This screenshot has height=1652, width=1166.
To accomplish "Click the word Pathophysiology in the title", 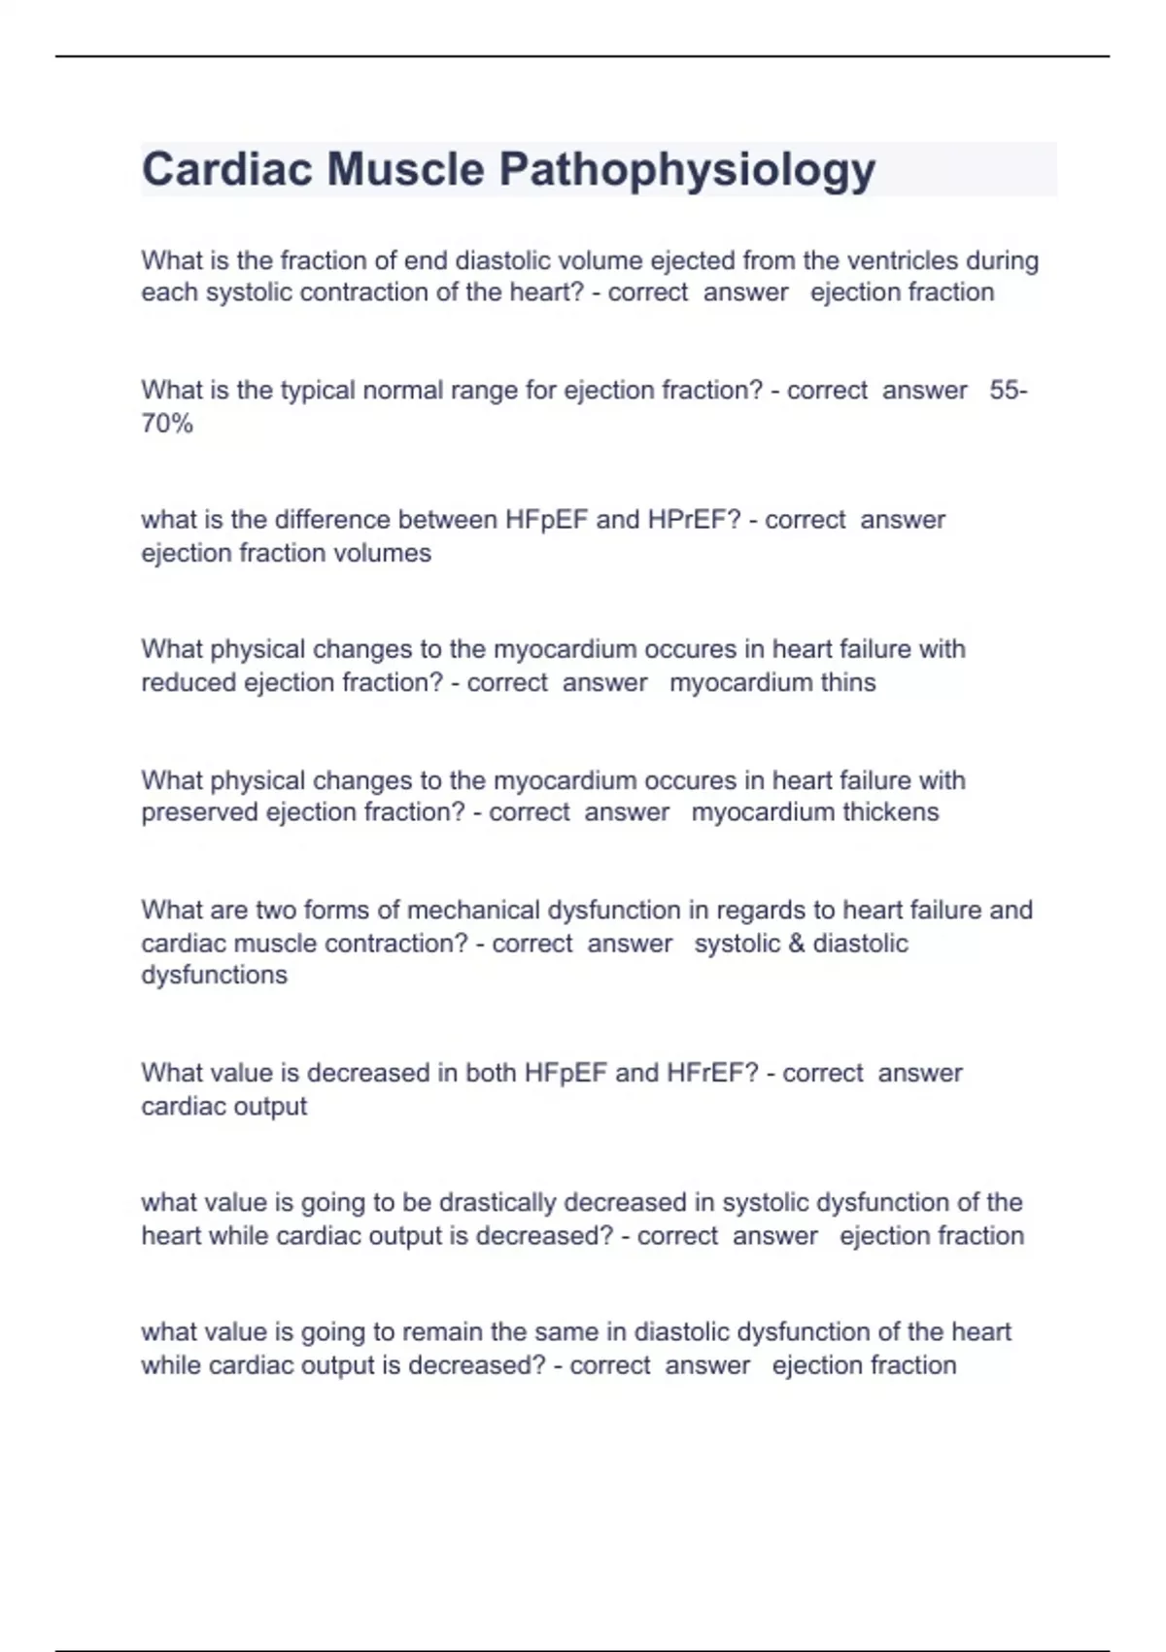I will (687, 170).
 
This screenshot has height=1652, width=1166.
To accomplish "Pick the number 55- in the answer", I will (1009, 391).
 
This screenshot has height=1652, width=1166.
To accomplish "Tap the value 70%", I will (167, 424).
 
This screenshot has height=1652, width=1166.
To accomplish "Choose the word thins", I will (848, 683).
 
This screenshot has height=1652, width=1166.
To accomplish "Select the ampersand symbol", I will (798, 944).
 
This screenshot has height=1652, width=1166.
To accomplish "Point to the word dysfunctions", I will (215, 976).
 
